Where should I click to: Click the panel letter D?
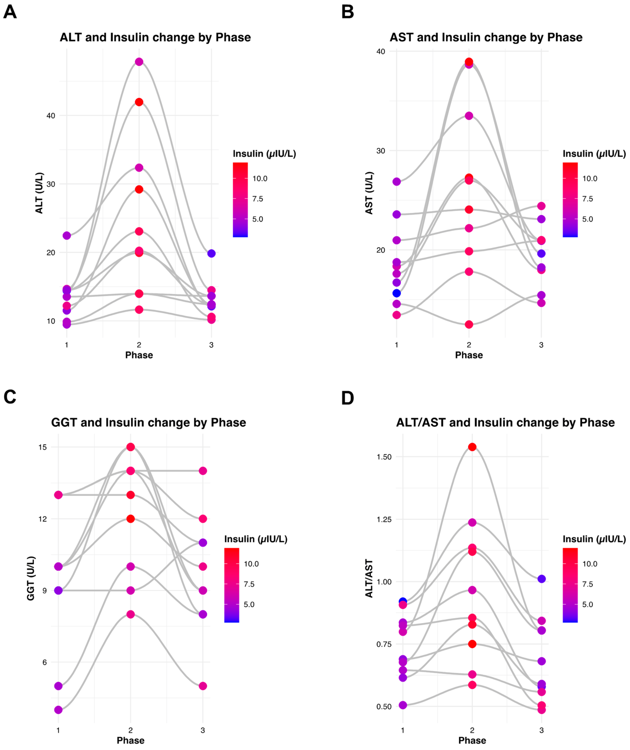coord(348,398)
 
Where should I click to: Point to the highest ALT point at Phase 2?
coord(139,62)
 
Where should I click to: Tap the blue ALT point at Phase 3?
coord(211,253)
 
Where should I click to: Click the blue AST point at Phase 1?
coord(396,293)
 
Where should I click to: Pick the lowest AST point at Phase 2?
coord(469,324)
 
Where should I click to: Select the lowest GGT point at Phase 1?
coord(58,710)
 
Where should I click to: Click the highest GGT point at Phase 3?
coord(203,471)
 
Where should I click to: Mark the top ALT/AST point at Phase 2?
coord(472,447)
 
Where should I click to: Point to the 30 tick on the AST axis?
coord(381,151)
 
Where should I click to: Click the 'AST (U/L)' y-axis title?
coord(369,193)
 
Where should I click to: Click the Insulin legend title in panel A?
coord(264,154)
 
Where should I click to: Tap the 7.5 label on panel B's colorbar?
coord(587,199)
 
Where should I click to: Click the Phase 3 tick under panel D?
coord(541,730)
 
